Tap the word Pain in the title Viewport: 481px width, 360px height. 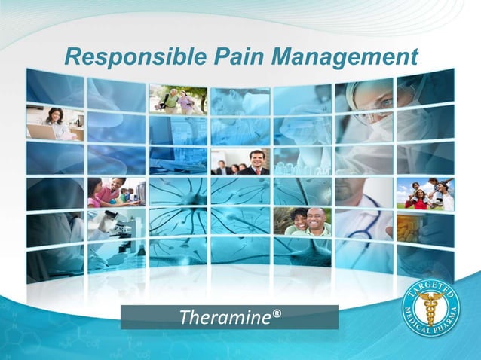pyautogui.click(x=222, y=56)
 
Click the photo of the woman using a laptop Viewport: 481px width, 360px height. pyautogui.click(x=54, y=123)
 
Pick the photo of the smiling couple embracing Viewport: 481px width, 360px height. pyautogui.click(x=302, y=221)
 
